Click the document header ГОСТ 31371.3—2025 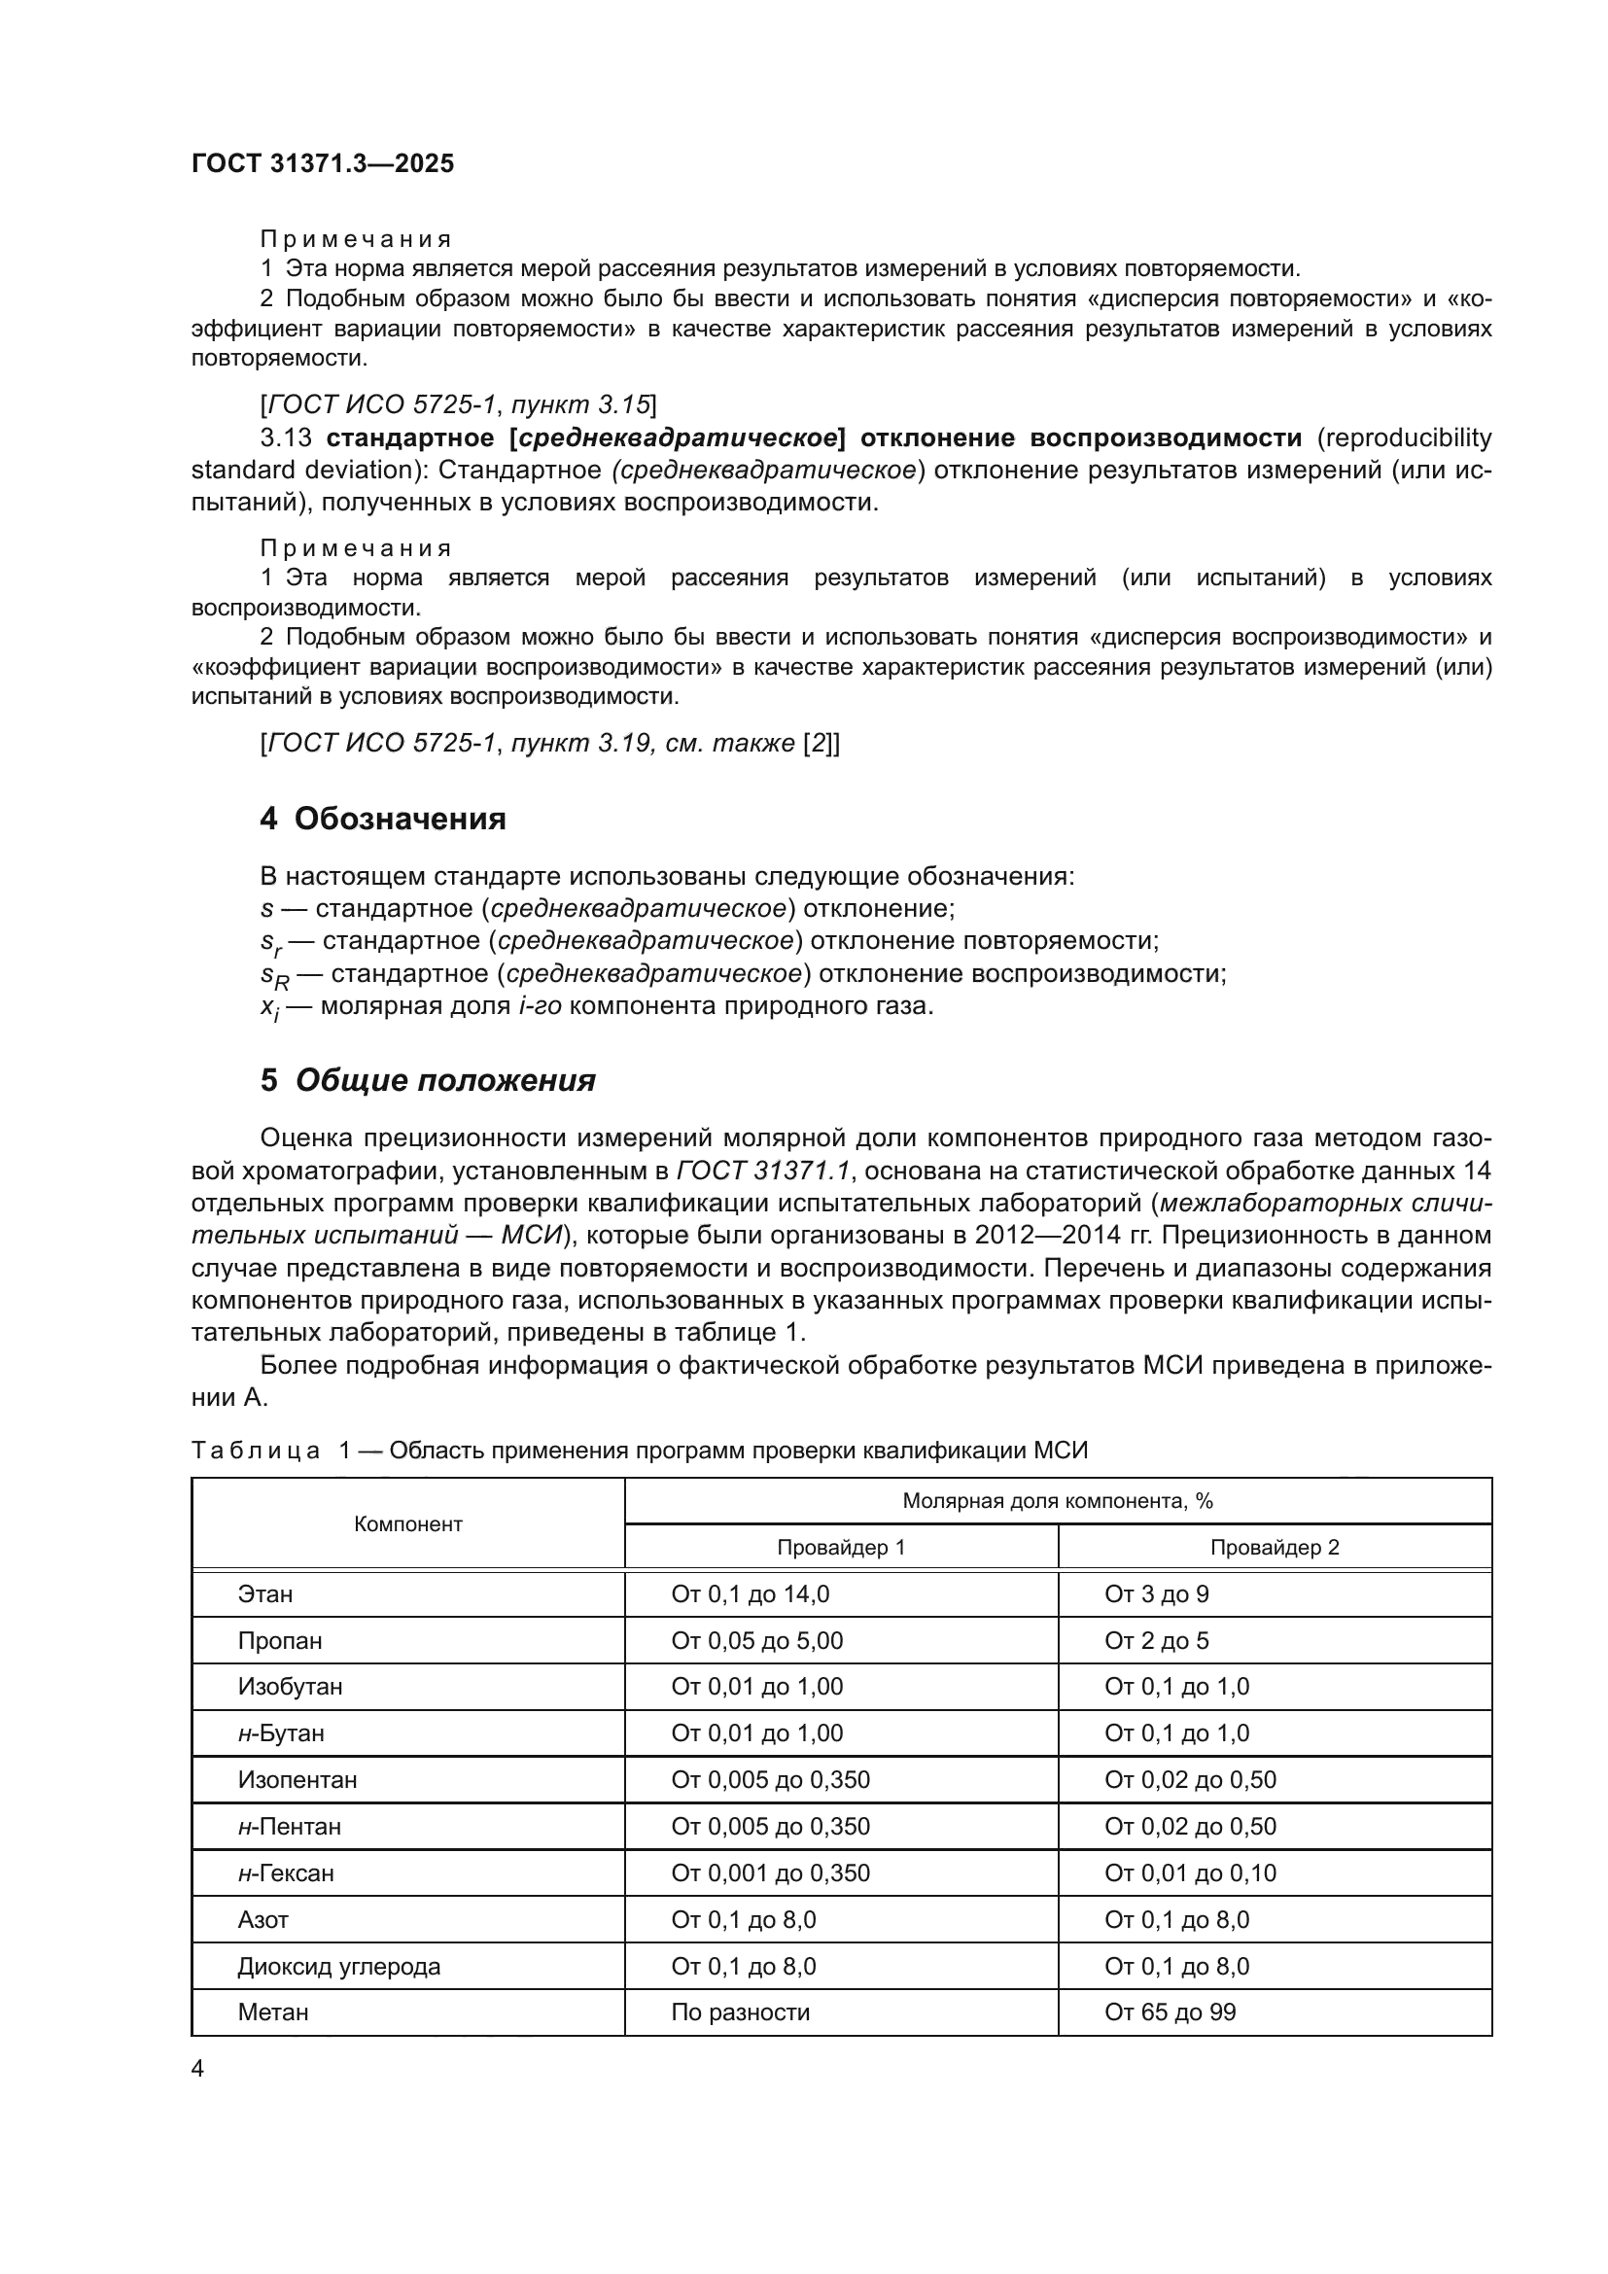pyautogui.click(x=323, y=163)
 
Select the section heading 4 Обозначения pyautogui.click(x=382, y=819)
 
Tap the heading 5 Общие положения pyautogui.click(x=428, y=1080)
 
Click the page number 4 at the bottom pyautogui.click(x=198, y=2069)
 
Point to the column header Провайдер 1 pyautogui.click(x=841, y=1547)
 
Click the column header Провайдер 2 pyautogui.click(x=1275, y=1547)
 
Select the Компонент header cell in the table pyautogui.click(x=408, y=1524)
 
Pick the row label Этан pyautogui.click(x=265, y=1594)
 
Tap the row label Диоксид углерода pyautogui.click(x=338, y=1967)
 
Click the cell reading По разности pyautogui.click(x=741, y=2012)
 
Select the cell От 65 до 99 pyautogui.click(x=1171, y=2012)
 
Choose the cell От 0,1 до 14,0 pyautogui.click(x=751, y=1594)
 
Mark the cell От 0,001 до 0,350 pyautogui.click(x=770, y=1873)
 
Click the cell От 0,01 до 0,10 pyautogui.click(x=1190, y=1873)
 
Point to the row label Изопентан pyautogui.click(x=297, y=1780)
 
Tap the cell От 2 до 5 pyautogui.click(x=1157, y=1641)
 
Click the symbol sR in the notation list pyautogui.click(x=274, y=976)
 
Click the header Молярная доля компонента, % pyautogui.click(x=1058, y=1501)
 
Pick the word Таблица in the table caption pyautogui.click(x=256, y=1451)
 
